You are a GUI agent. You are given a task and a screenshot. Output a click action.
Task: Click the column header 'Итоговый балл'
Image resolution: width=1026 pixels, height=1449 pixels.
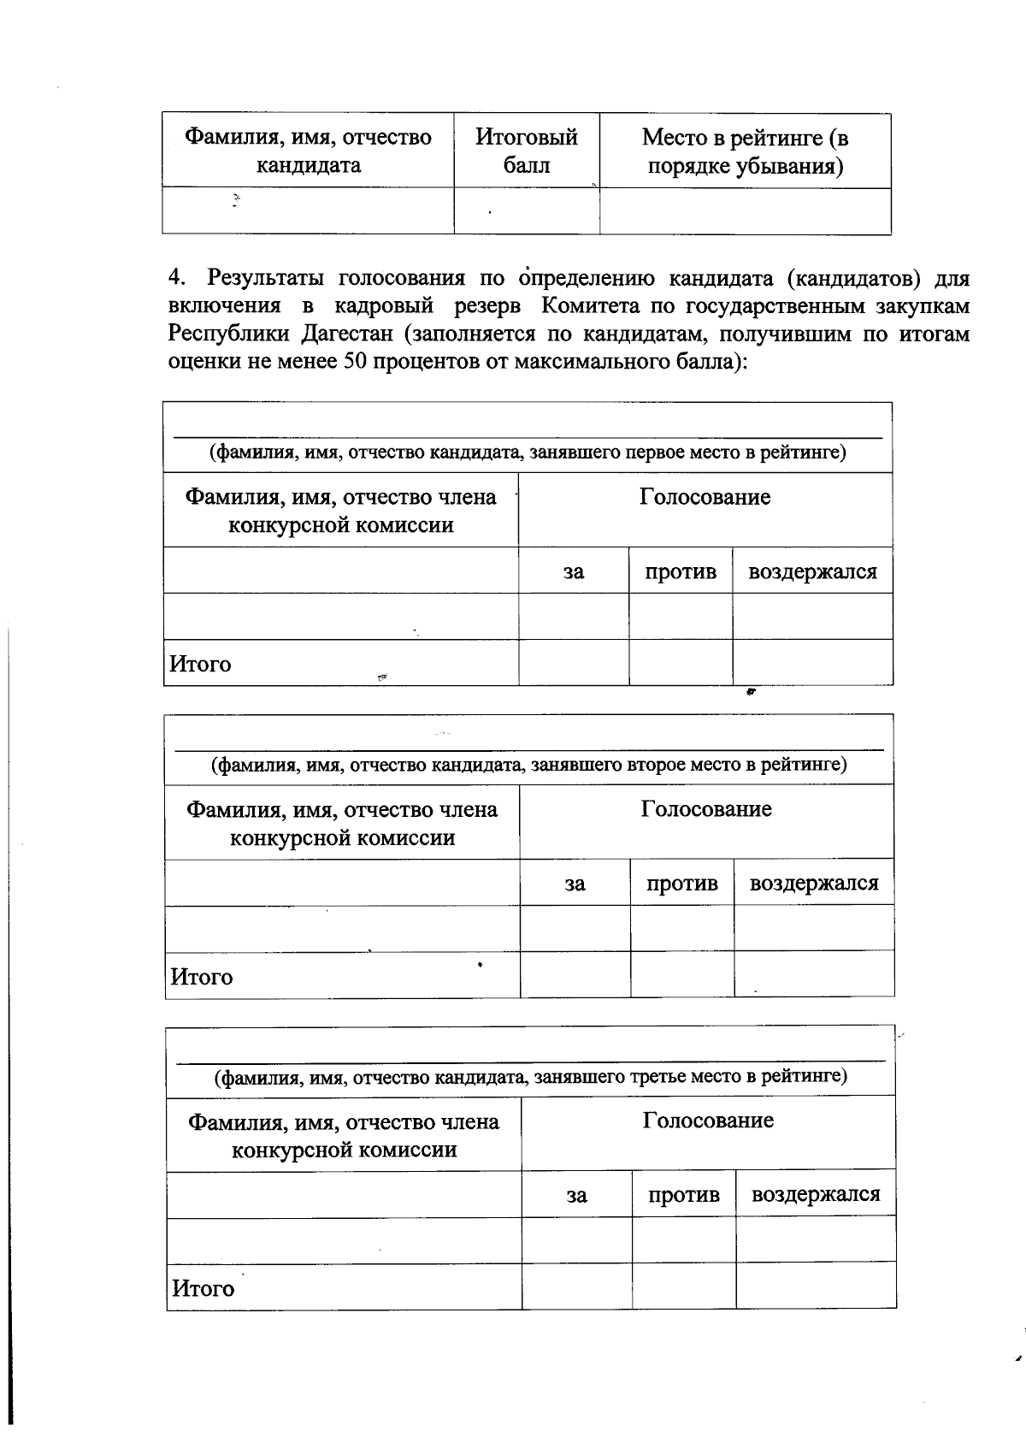(x=527, y=151)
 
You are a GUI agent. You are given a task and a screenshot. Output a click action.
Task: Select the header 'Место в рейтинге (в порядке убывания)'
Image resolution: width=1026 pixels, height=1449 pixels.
(x=745, y=151)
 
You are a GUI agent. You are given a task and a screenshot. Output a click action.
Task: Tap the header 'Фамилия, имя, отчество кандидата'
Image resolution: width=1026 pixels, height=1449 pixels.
(x=309, y=151)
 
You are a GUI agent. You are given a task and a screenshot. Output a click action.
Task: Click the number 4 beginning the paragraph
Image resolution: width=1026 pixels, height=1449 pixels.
(x=176, y=278)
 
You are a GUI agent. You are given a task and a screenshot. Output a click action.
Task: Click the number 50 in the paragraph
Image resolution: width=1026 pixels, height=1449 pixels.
(x=354, y=362)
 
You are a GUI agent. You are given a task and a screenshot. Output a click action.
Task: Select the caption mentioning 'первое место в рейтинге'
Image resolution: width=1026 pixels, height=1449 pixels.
(x=528, y=452)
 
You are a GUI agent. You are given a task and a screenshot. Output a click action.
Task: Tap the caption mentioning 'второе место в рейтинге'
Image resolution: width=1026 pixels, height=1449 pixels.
(x=529, y=764)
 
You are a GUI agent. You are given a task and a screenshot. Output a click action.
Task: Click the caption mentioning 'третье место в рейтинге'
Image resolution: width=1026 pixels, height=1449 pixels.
(x=530, y=1076)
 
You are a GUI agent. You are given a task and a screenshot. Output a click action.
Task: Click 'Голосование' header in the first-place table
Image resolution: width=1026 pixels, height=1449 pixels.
(x=705, y=498)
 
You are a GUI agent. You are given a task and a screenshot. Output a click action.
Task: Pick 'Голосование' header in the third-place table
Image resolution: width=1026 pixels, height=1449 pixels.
(x=708, y=1121)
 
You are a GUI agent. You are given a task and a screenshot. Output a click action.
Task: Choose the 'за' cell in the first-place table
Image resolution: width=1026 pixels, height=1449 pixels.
(x=574, y=571)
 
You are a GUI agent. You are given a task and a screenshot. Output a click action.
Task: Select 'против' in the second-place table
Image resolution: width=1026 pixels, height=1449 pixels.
(x=681, y=884)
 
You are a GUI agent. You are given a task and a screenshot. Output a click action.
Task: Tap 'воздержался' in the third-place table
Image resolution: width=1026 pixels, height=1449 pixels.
(x=815, y=1195)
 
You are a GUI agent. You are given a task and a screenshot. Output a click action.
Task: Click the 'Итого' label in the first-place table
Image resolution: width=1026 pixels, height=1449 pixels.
(x=200, y=664)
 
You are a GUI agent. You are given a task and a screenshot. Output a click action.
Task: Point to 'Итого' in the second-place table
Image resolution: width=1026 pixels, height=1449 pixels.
(x=202, y=977)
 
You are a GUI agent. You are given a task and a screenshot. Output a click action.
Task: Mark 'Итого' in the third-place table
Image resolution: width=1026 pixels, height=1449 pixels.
(x=203, y=1288)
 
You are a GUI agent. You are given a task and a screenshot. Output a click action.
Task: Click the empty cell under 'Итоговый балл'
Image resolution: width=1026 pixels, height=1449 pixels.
(x=527, y=211)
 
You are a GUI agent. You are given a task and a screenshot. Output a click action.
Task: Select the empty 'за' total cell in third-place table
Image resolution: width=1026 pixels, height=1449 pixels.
(x=576, y=1286)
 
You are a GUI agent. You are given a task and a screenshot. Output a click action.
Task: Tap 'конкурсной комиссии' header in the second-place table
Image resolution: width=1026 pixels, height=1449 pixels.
(x=342, y=837)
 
